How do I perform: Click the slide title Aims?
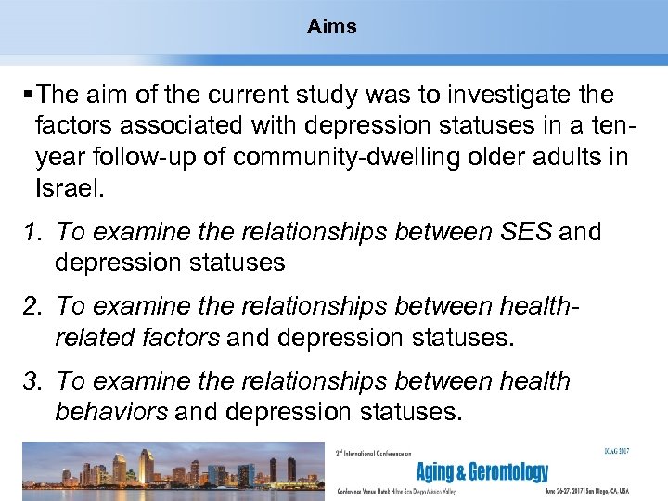pyautogui.click(x=332, y=27)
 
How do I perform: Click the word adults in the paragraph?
pyautogui.click(x=567, y=158)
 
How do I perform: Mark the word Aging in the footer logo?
pyautogui.click(x=437, y=472)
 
